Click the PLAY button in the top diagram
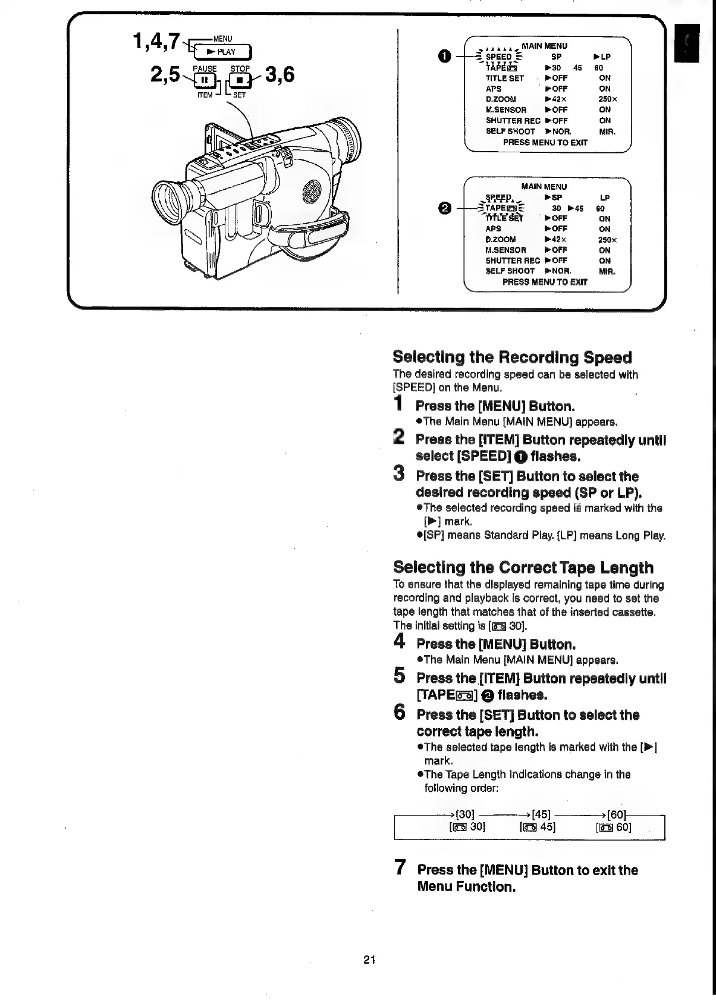pyautogui.click(x=223, y=52)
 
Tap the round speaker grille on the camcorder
pyautogui.click(x=311, y=190)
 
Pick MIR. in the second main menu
pyautogui.click(x=607, y=271)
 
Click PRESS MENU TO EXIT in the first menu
pyautogui.click(x=545, y=143)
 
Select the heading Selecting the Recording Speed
pyautogui.click(x=512, y=357)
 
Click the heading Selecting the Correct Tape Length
pyautogui.click(x=523, y=567)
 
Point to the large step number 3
pyautogui.click(x=400, y=475)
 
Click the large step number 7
pyautogui.click(x=401, y=868)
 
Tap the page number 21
pyautogui.click(x=369, y=959)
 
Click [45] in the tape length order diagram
pyautogui.click(x=541, y=814)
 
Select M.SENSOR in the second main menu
pyautogui.click(x=505, y=250)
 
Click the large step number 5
pyautogui.click(x=401, y=676)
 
